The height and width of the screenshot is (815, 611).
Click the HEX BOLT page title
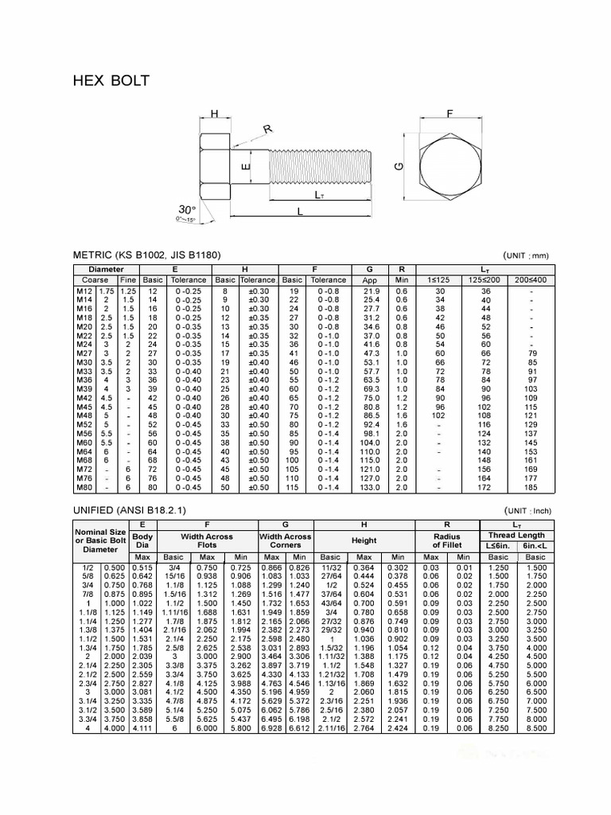(x=111, y=81)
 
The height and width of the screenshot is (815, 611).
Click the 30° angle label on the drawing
(x=188, y=209)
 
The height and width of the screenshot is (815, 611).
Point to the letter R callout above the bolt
(x=268, y=129)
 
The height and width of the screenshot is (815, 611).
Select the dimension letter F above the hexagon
(x=449, y=115)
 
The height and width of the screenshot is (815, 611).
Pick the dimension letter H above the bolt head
(x=214, y=115)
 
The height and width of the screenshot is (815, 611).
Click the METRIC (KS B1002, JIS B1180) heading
(x=146, y=255)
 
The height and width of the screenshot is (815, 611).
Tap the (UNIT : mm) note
(x=526, y=255)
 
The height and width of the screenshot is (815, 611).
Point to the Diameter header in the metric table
(x=106, y=270)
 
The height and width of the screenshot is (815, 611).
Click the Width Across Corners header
(x=286, y=541)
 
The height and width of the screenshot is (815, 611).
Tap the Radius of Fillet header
(x=446, y=541)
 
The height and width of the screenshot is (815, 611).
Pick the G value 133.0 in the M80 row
(x=369, y=486)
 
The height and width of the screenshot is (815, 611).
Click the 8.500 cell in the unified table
(x=536, y=727)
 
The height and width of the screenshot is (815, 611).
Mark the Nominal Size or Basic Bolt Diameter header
(x=100, y=541)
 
